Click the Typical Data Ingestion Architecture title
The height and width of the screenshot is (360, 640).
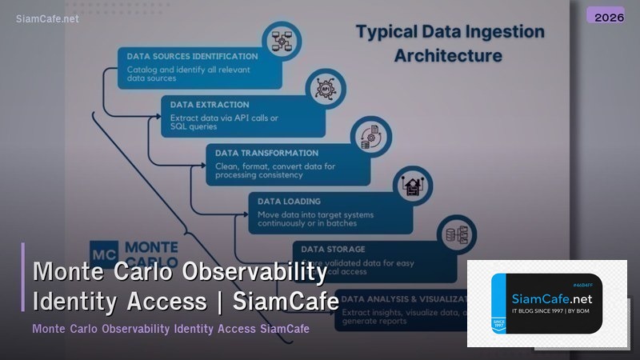[450, 43]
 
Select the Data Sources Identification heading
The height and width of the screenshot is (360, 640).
[192, 56]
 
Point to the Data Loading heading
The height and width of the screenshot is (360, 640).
[289, 202]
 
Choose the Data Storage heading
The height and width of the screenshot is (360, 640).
[334, 250]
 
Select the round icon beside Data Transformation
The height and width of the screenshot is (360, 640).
[370, 135]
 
